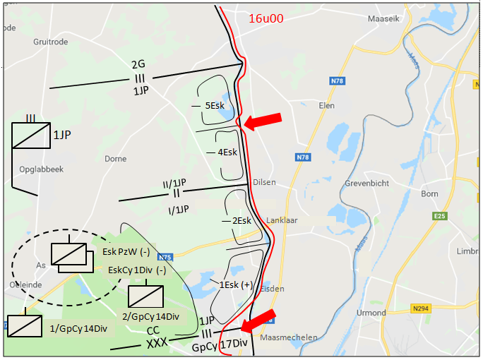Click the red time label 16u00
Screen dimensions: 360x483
pos(266,19)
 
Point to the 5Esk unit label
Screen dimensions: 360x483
pos(214,105)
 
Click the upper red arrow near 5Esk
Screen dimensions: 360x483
pos(263,121)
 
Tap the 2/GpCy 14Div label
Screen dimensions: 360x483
pos(150,316)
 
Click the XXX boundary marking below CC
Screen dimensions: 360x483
pos(157,344)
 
